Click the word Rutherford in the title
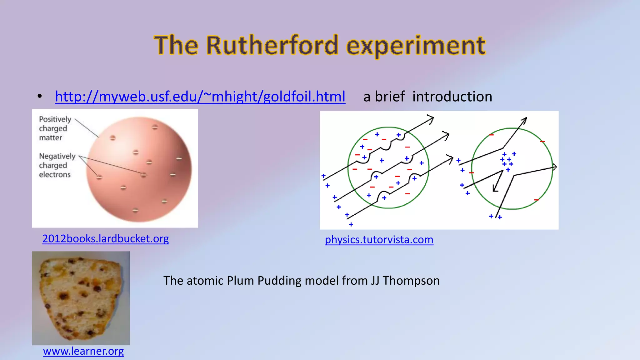pyautogui.click(x=272, y=45)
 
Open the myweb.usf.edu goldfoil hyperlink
pyautogui.click(x=200, y=97)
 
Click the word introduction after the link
pyautogui.click(x=452, y=97)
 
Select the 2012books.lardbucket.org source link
pyautogui.click(x=106, y=239)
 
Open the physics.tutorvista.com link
pyautogui.click(x=379, y=240)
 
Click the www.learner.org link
pyautogui.click(x=83, y=351)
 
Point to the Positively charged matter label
pyautogui.click(x=55, y=128)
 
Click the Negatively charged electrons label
pyautogui.click(x=57, y=165)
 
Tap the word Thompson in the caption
pyautogui.click(x=411, y=281)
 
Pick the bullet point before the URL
pyautogui.click(x=40, y=97)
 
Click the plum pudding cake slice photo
pyautogui.click(x=81, y=298)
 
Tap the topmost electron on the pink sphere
pyautogui.click(x=155, y=127)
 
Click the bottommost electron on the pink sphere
pyautogui.click(x=135, y=210)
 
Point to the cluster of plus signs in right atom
pyautogui.click(x=507, y=161)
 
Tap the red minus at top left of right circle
pyautogui.click(x=492, y=135)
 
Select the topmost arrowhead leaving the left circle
pyautogui.click(x=431, y=119)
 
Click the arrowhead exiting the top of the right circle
pyautogui.click(x=525, y=120)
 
